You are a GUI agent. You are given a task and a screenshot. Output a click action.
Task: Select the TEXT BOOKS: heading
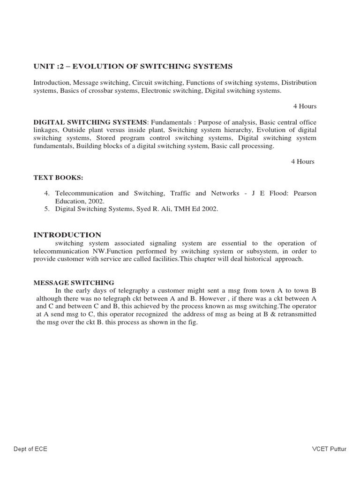[x=52, y=178]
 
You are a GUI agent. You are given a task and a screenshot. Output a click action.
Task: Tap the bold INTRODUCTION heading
[x=67, y=235]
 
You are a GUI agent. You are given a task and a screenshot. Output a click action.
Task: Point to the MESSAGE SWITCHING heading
[x=74, y=283]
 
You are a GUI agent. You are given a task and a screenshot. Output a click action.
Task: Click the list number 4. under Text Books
[x=47, y=193]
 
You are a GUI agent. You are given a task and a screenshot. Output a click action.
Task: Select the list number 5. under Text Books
[x=47, y=209]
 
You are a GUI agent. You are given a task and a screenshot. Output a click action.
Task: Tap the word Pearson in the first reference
[x=305, y=193]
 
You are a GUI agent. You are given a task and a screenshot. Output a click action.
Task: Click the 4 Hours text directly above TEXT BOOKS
[x=302, y=162]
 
